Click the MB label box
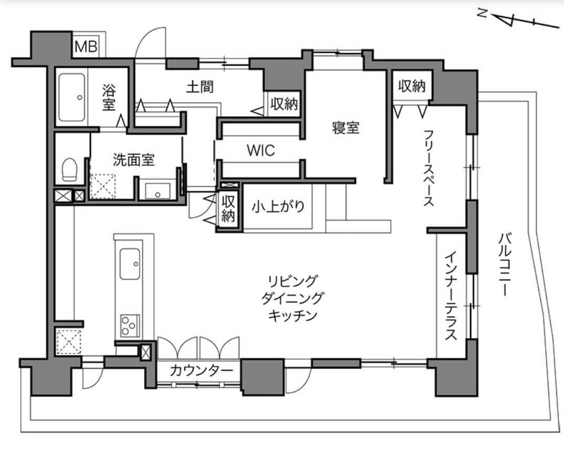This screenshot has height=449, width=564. (85, 47)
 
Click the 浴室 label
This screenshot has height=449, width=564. (109, 97)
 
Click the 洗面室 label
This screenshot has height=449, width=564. (133, 160)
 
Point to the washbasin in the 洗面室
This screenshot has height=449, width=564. (158, 191)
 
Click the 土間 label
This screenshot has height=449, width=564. (200, 86)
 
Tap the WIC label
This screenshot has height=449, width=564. (261, 151)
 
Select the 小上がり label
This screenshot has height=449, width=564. (278, 206)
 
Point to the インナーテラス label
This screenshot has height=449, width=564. (451, 296)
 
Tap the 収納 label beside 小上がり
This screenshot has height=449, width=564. (228, 209)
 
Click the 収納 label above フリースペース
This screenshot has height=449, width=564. (411, 86)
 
